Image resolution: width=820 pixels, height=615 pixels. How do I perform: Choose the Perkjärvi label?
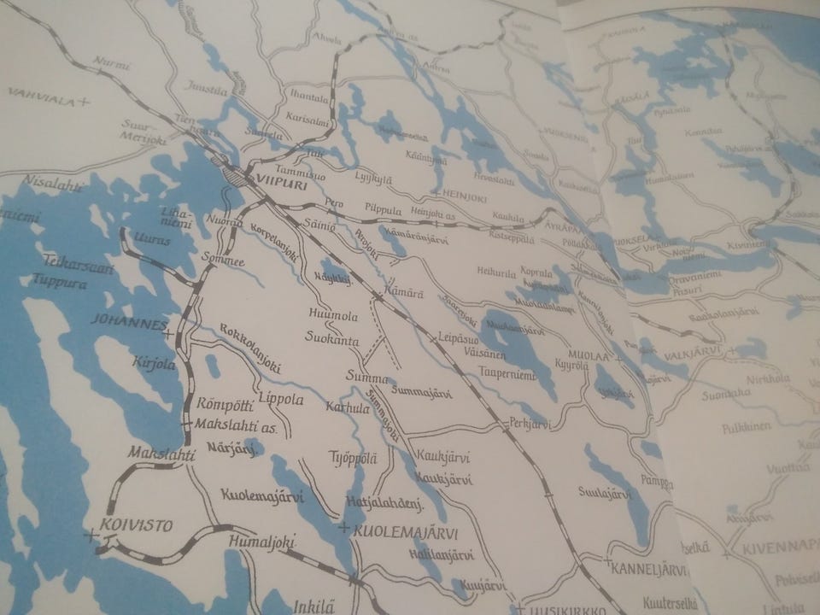[x=532, y=422]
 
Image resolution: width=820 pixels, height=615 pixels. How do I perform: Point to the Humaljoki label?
[x=261, y=540]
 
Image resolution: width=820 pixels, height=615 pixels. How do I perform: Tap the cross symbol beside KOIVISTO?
[x=91, y=536]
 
